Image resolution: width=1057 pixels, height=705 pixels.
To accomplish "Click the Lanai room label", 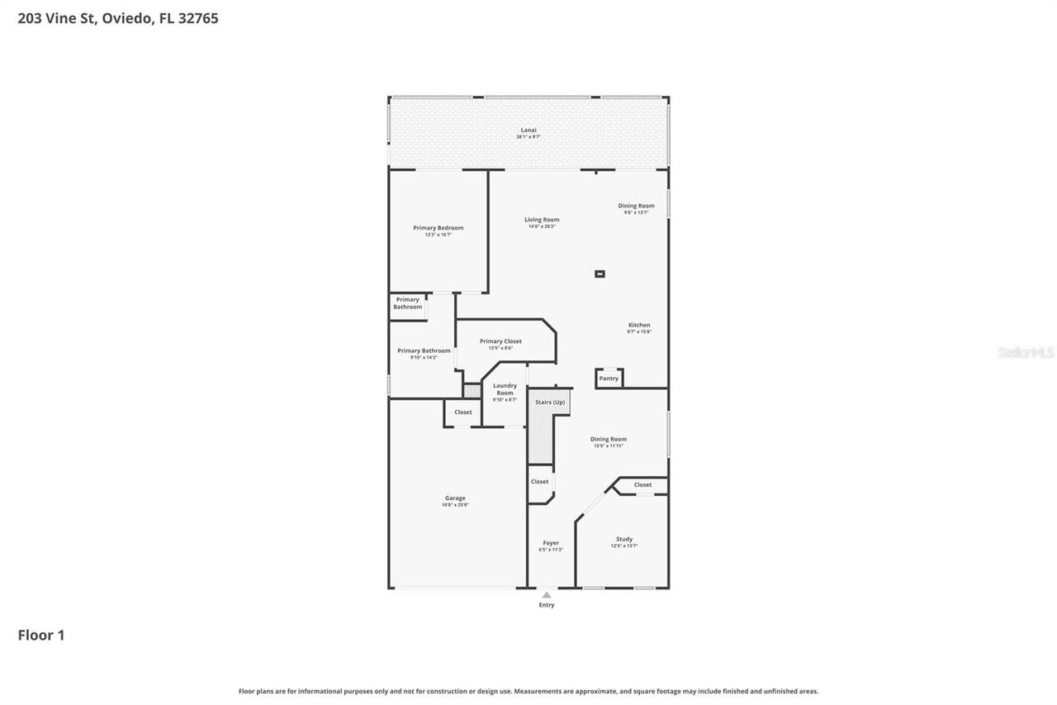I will pyautogui.click(x=528, y=130).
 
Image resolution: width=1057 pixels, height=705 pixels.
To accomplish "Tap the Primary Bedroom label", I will pyautogui.click(x=438, y=227).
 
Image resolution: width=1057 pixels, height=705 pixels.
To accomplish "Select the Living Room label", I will pyautogui.click(x=542, y=220).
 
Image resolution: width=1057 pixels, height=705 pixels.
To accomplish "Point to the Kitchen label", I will pyautogui.click(x=639, y=325).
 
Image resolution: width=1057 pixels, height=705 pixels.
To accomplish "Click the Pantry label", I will pyautogui.click(x=609, y=379).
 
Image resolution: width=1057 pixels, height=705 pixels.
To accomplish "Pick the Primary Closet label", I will pyautogui.click(x=500, y=341).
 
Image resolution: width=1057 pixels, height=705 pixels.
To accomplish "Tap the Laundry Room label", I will pyautogui.click(x=505, y=388).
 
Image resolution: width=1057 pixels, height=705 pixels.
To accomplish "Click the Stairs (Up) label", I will pyautogui.click(x=550, y=402).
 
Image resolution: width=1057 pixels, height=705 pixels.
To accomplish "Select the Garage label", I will pyautogui.click(x=455, y=498).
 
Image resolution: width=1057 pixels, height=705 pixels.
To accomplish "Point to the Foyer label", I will pyautogui.click(x=551, y=543).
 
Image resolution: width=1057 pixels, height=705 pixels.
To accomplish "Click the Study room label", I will pyautogui.click(x=624, y=539).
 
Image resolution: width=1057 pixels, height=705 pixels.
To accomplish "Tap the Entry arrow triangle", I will pyautogui.click(x=547, y=594).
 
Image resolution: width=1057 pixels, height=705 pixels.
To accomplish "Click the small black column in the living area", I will pyautogui.click(x=600, y=274).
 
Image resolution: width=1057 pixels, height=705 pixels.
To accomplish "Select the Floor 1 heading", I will pyautogui.click(x=41, y=635).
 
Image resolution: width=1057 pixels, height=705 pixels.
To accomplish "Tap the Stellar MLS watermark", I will pyautogui.click(x=1026, y=352).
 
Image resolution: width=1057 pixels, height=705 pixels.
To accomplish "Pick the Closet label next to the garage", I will pyautogui.click(x=463, y=412).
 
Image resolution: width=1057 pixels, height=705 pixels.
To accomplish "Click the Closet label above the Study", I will pyautogui.click(x=642, y=484).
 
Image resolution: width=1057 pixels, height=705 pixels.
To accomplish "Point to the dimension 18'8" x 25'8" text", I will pyautogui.click(x=455, y=505).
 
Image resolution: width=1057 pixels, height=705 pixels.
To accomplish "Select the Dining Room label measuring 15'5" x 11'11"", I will pyautogui.click(x=609, y=439).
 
